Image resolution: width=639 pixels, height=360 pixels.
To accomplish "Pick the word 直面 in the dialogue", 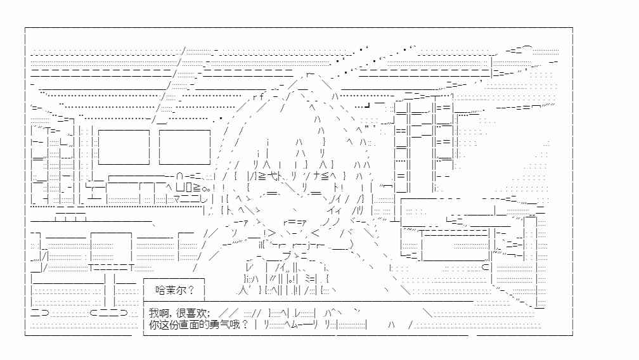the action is pyautogui.click(x=190, y=325).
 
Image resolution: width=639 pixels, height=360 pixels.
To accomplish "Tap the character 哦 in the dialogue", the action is pyautogui.click(x=236, y=325).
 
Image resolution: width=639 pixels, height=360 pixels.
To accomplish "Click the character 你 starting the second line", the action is pyautogui.click(x=154, y=325).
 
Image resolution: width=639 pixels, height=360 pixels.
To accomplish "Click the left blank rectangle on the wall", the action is pyautogui.click(x=124, y=147).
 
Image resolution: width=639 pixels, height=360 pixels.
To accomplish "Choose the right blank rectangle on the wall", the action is pyautogui.click(x=184, y=147).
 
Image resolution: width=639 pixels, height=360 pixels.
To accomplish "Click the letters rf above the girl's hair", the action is pyautogui.click(x=259, y=97).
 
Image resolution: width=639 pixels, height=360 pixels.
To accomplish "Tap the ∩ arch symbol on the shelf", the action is pyautogui.click(x=180, y=177).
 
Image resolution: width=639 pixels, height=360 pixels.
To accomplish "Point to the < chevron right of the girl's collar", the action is pyautogui.click(x=315, y=233).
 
